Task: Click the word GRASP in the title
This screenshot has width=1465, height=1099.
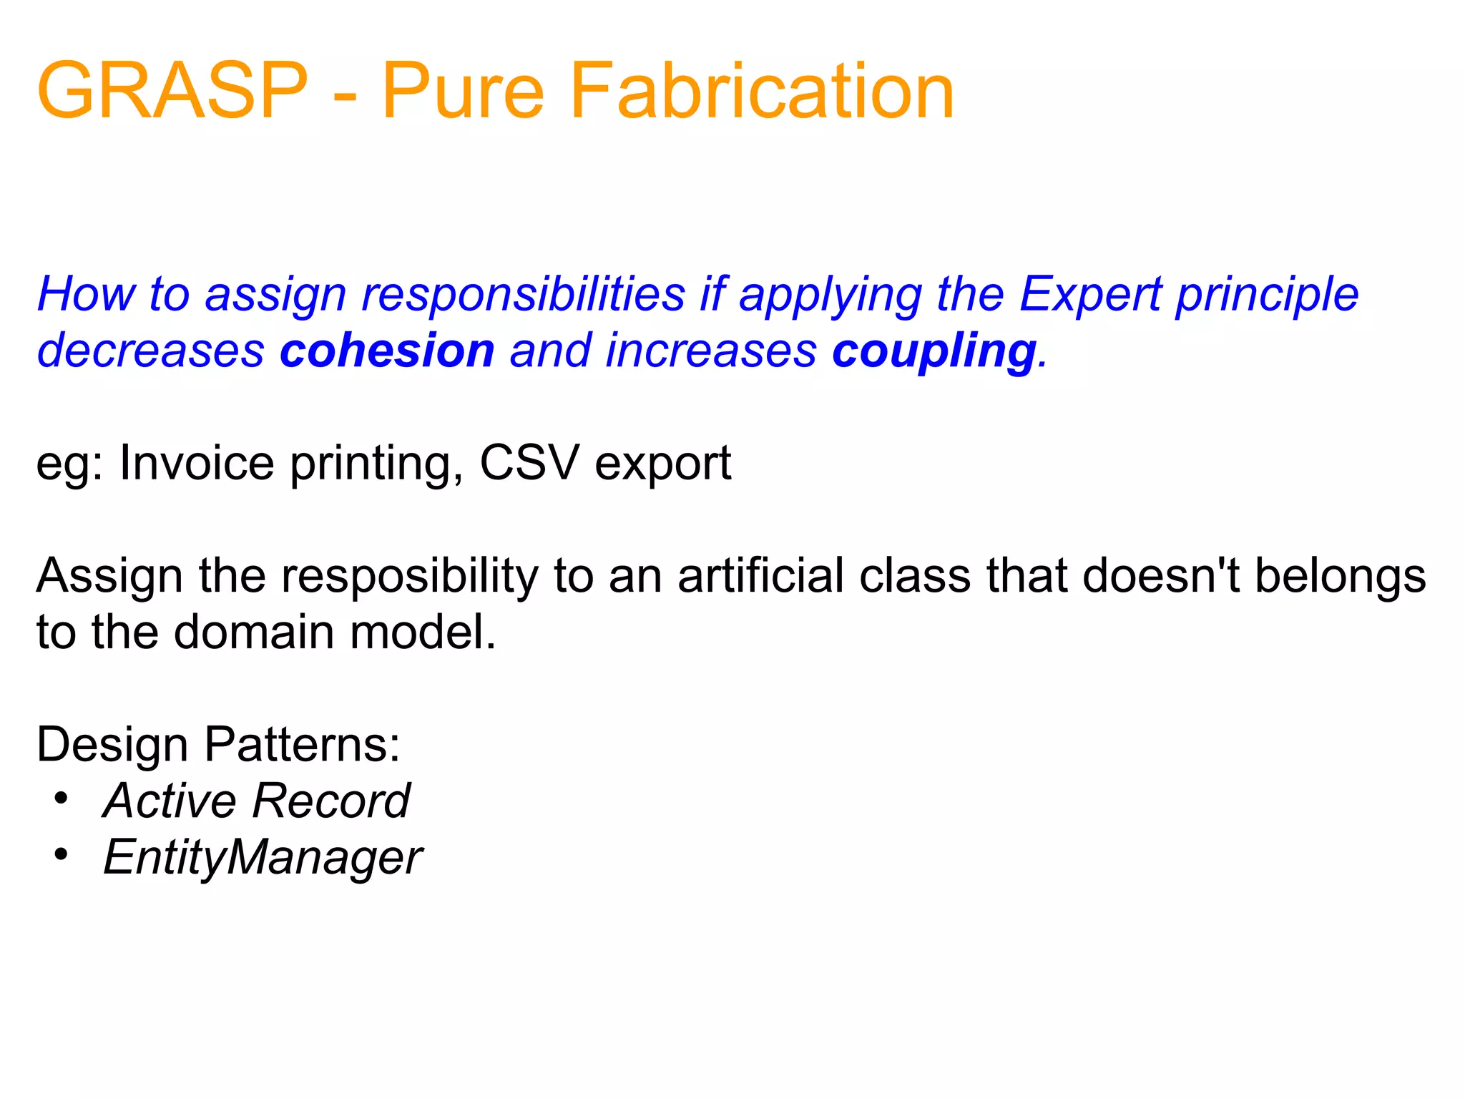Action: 172,91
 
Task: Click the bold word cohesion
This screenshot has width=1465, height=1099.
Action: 387,351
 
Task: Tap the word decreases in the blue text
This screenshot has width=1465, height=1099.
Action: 151,351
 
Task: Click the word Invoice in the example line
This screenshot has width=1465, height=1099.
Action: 197,463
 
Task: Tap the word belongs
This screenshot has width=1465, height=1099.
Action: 1341,577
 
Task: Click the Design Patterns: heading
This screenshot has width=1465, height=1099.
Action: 218,745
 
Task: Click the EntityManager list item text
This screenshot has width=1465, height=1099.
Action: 263,857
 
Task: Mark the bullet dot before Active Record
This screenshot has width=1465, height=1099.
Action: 62,798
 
